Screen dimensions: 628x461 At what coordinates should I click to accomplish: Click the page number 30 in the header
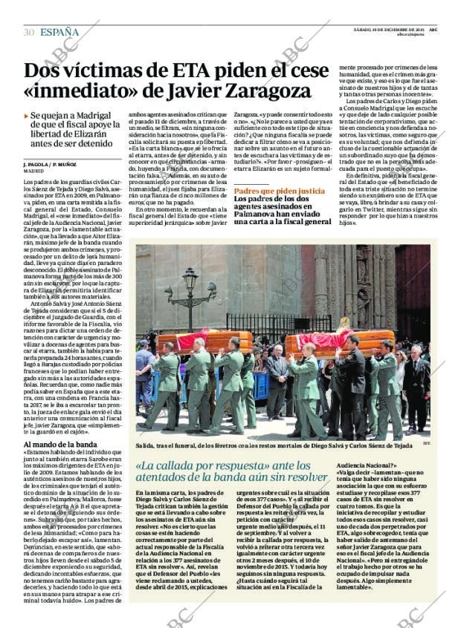pos(29,32)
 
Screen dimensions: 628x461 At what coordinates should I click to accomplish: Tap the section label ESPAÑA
pos(59,32)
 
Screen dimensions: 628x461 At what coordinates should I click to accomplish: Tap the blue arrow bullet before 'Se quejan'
pos(26,117)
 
